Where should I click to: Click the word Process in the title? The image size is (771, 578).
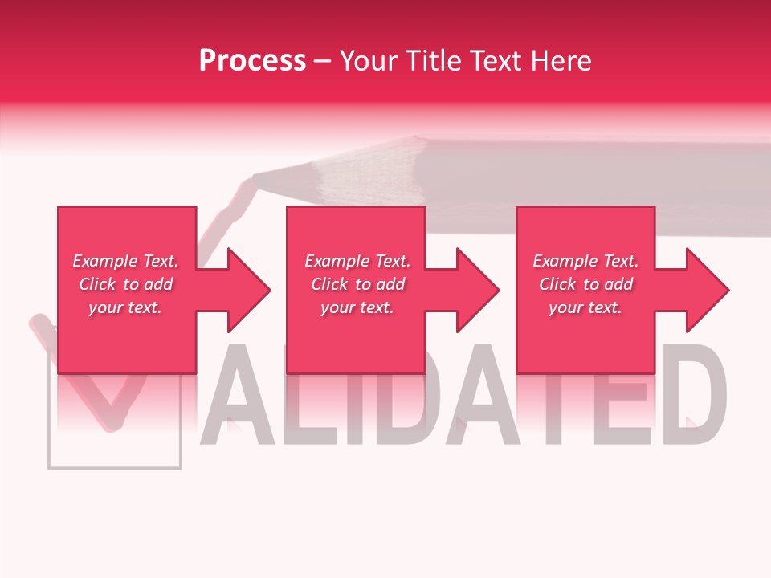[x=252, y=61]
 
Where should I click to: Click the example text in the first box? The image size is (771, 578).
[x=125, y=284]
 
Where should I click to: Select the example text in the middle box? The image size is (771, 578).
[x=357, y=284]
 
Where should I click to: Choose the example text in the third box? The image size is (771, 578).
[x=585, y=284]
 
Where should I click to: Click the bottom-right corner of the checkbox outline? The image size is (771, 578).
[x=181, y=467]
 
